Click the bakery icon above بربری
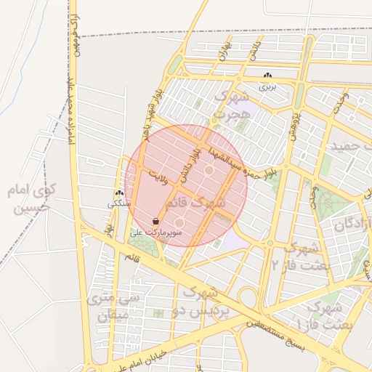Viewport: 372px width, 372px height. pyautogui.click(x=268, y=76)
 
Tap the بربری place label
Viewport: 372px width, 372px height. pyautogui.click(x=268, y=86)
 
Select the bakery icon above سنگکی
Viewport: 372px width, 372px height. pyautogui.click(x=118, y=194)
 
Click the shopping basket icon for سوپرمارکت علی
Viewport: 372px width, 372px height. pyautogui.click(x=156, y=220)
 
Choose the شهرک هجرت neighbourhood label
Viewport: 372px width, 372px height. pyautogui.click(x=230, y=105)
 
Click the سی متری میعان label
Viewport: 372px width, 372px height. pyautogui.click(x=108, y=307)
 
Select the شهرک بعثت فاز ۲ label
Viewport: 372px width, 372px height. pyautogui.click(x=298, y=254)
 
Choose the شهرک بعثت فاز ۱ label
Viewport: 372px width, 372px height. pyautogui.click(x=325, y=315)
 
